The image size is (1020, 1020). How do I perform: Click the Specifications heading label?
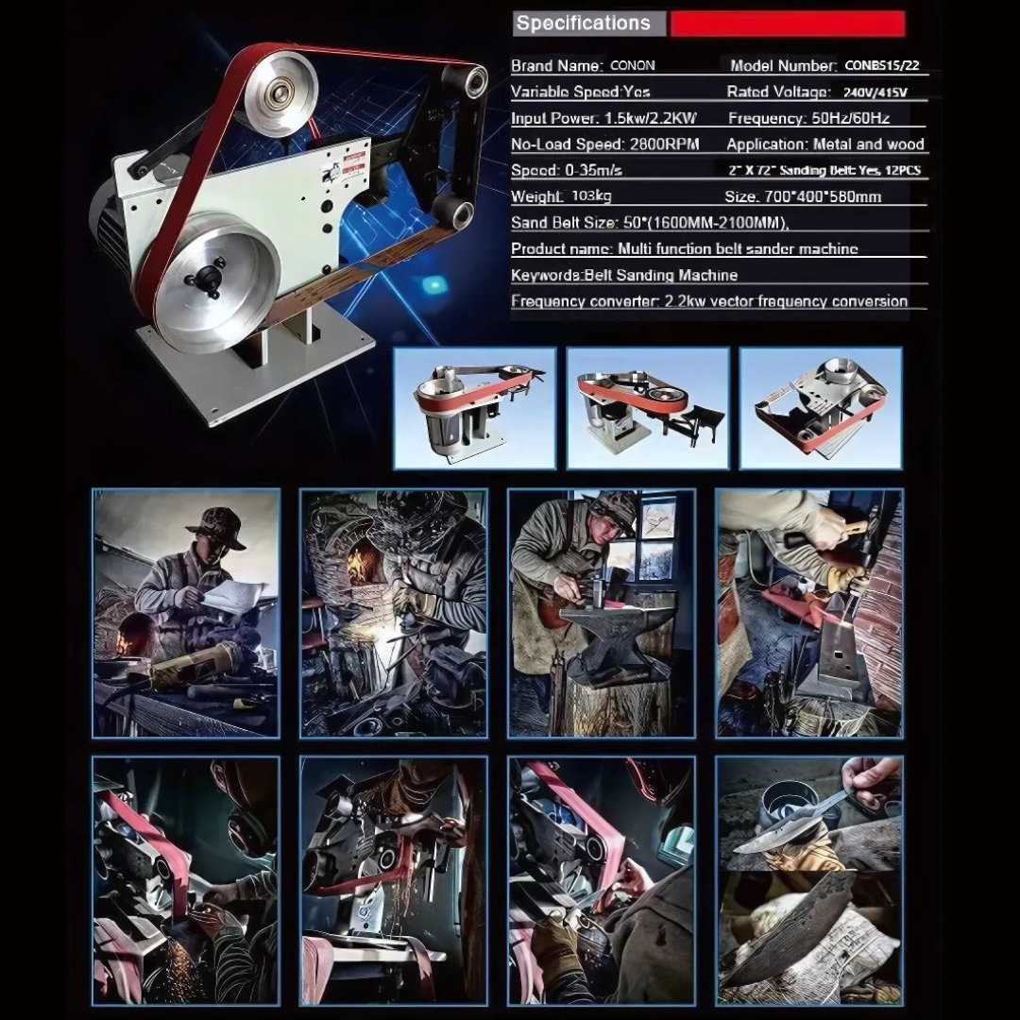584,24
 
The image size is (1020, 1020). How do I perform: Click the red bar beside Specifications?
788,24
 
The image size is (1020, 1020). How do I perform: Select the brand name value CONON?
633,66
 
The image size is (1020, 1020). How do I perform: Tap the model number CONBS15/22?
881,66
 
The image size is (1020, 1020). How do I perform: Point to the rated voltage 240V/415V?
875,93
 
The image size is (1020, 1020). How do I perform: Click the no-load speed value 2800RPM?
661,144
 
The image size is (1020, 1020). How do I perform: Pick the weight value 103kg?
591,196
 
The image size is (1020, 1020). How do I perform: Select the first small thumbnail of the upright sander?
474,407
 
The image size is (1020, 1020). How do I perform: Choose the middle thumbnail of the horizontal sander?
648,407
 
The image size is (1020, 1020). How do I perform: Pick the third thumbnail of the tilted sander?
820,407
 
